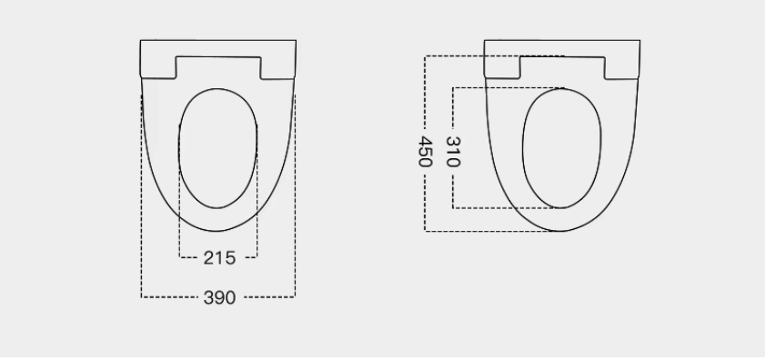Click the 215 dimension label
[x=219, y=258]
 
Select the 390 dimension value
[x=219, y=297]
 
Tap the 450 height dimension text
[x=426, y=152]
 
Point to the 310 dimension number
[x=453, y=152]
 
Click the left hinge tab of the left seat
[x=158, y=67]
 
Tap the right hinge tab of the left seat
[x=278, y=67]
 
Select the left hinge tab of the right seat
[x=502, y=67]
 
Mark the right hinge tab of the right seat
[x=622, y=67]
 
